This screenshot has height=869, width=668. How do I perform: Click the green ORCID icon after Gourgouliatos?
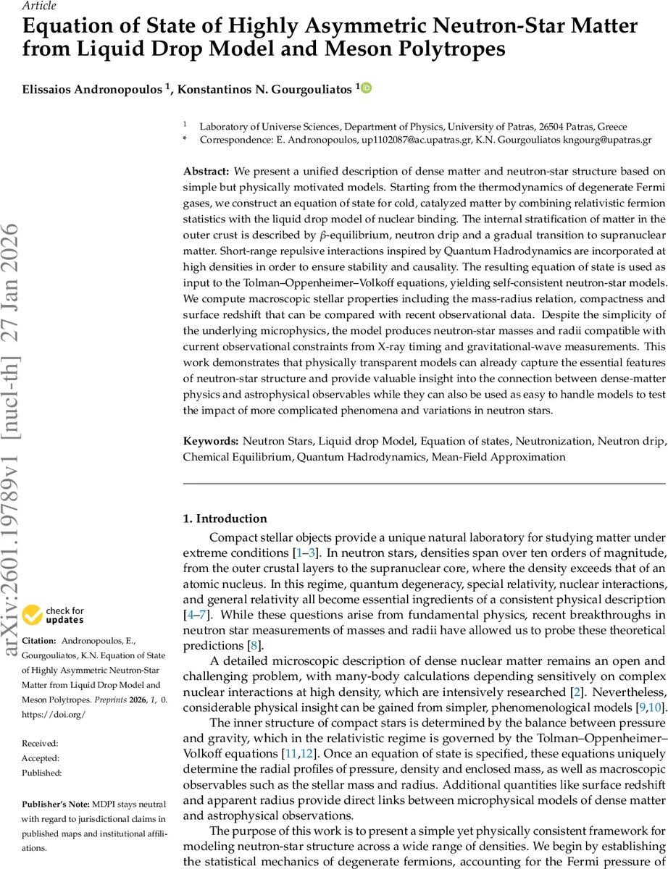pyautogui.click(x=367, y=88)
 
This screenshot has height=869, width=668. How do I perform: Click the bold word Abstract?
pyautogui.click(x=206, y=172)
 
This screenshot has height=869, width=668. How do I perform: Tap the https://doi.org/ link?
pyautogui.click(x=49, y=714)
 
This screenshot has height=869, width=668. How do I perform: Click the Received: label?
pyautogui.click(x=40, y=744)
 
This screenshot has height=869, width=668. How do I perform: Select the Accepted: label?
pyautogui.click(x=41, y=758)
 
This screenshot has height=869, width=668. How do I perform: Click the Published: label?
pyautogui.click(x=41, y=773)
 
